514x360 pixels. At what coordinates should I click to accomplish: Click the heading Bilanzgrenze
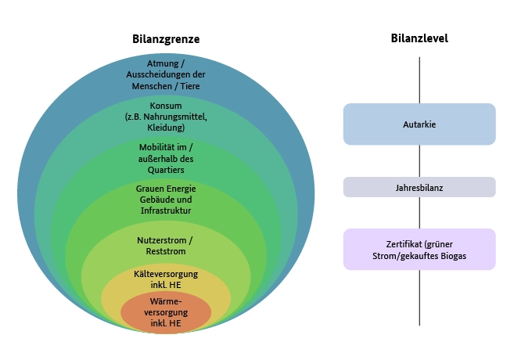tap(166, 39)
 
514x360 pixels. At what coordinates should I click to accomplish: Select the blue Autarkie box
tap(419, 124)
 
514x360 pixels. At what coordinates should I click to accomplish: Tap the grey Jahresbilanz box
tap(419, 187)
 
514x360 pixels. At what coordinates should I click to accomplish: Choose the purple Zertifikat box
tap(419, 249)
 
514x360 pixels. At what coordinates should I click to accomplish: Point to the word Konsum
tap(166, 106)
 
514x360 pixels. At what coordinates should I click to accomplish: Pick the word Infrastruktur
tap(166, 211)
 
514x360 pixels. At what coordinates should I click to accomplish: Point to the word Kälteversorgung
tap(166, 274)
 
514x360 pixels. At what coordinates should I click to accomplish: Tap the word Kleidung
tap(166, 128)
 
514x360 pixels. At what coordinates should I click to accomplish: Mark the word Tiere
tap(189, 86)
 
